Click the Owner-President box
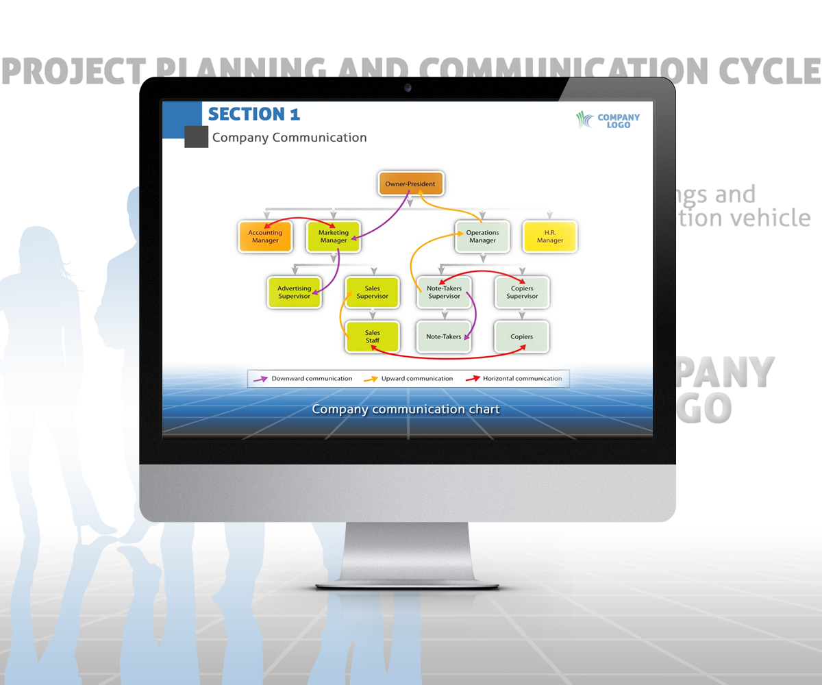[x=410, y=184]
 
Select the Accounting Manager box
[x=265, y=236]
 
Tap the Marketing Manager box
[x=333, y=236]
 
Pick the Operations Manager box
[x=482, y=236]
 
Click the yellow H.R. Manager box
[x=549, y=236]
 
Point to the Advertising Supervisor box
[x=295, y=292]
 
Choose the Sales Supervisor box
[x=372, y=292]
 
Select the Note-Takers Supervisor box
[x=444, y=292]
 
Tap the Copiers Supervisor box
[x=522, y=292]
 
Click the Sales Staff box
[x=372, y=336]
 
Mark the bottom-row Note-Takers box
[x=444, y=337]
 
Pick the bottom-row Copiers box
[x=522, y=337]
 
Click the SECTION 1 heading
[x=253, y=114]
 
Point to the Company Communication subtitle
[x=289, y=138]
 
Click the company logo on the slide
[x=608, y=121]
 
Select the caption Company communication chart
[x=406, y=410]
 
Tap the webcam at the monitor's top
[x=408, y=88]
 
